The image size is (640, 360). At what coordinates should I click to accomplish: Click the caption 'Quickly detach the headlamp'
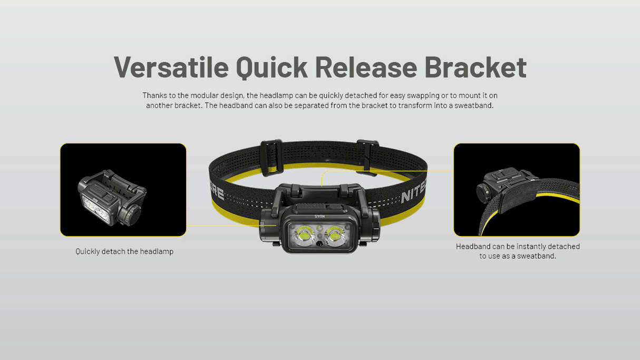point(124,252)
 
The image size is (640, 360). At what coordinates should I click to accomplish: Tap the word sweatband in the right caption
point(537,256)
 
